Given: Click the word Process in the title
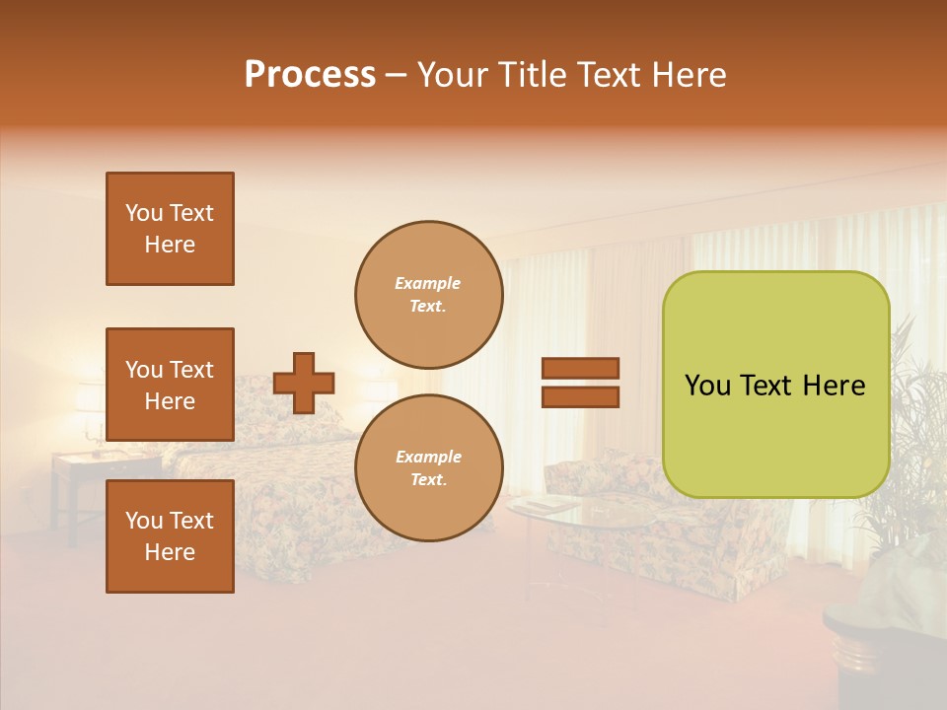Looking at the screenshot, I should pos(310,75).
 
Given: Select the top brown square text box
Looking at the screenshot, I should pos(170,229).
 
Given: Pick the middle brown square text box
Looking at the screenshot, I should pos(170,385).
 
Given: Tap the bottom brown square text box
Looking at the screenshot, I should pos(170,536).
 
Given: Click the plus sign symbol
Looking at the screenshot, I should pos(304,383).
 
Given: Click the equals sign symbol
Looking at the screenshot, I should pos(580,383).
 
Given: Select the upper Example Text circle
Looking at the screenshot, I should pos(429,295).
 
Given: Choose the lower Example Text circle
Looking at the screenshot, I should pos(429,468).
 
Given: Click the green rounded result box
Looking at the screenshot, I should pos(775,385).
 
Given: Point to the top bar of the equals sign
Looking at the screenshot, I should pos(580,369).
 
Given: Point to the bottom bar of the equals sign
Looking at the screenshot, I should pos(580,396).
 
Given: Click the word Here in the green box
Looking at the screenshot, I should pos(834,386).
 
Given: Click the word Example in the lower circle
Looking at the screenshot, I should pos(428,457).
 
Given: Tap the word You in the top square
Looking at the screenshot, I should pos(144,213).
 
